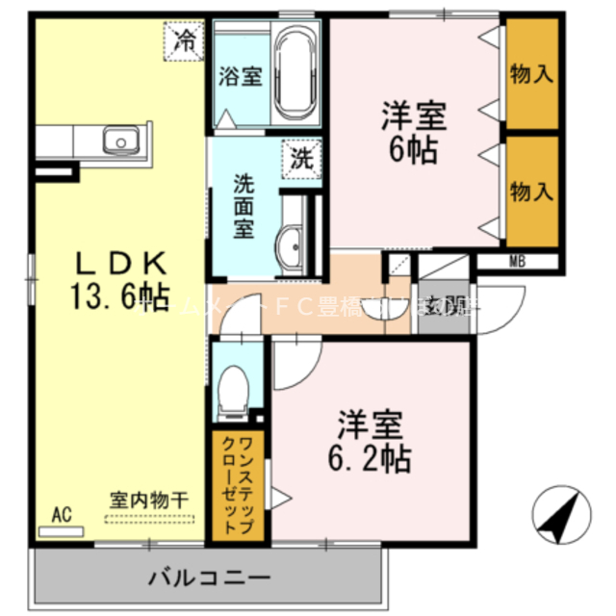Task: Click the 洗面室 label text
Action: coord(245,205)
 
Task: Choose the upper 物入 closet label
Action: coord(532,74)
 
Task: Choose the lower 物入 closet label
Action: coord(532,191)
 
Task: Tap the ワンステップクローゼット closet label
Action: coord(237,484)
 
